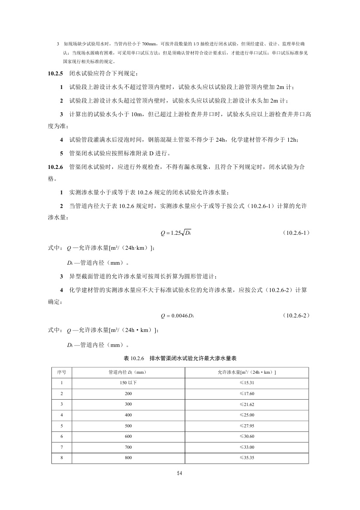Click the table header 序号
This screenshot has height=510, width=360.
tap(61, 372)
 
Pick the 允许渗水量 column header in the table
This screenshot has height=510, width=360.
tap(247, 372)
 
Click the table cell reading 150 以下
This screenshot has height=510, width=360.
tap(128, 383)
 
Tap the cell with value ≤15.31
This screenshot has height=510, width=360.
tap(247, 383)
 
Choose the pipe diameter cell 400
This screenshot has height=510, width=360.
tap(128, 415)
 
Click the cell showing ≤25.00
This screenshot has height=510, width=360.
tap(247, 415)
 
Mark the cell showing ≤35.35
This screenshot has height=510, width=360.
tap(247, 457)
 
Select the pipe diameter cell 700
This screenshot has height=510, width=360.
tap(128, 447)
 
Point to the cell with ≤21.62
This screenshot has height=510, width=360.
tap(247, 404)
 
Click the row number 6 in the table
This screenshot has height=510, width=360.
tap(61, 436)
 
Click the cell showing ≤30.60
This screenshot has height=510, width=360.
tap(247, 436)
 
